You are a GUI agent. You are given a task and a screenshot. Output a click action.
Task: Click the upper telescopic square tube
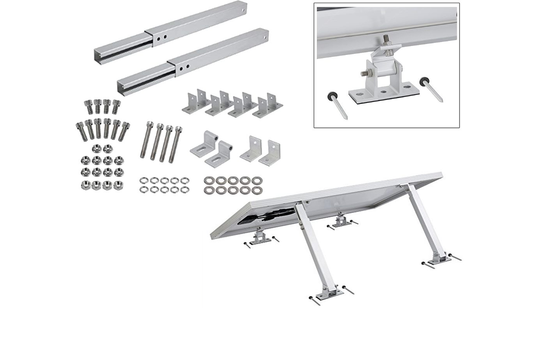coord(171,27)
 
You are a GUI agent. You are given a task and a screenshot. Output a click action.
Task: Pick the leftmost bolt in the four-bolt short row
coord(89,107)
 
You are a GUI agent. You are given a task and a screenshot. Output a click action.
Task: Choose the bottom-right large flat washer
coord(256,190)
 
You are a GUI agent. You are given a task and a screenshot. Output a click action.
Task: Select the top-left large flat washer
coord(209,180)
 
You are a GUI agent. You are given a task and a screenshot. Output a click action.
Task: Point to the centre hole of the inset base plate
coord(383,91)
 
